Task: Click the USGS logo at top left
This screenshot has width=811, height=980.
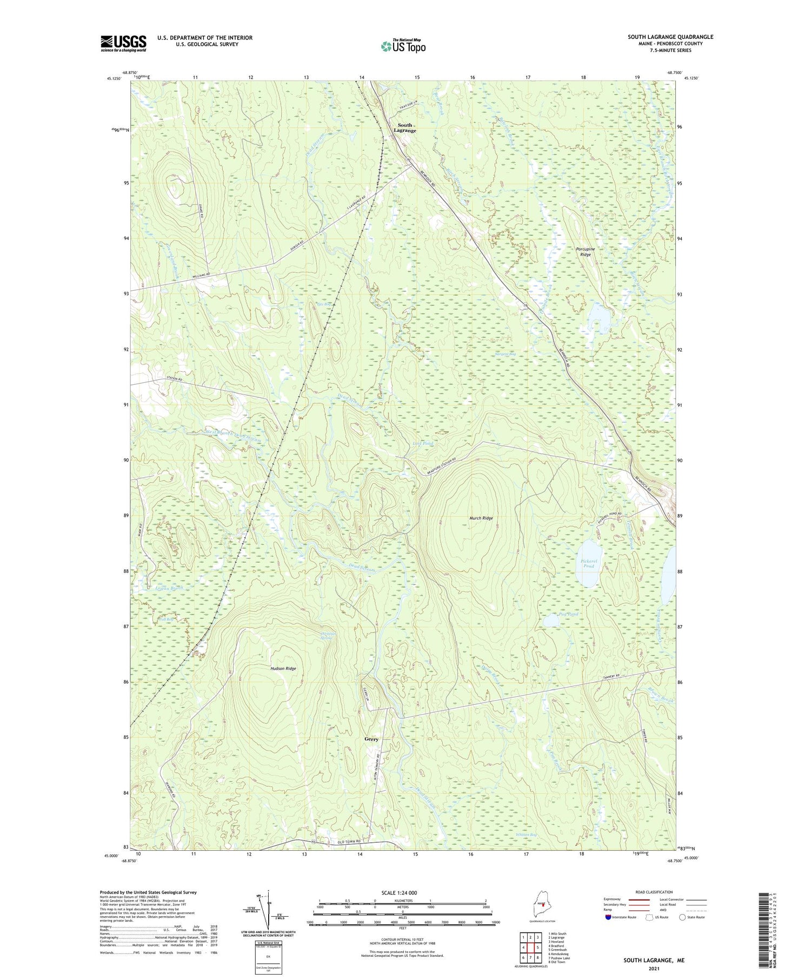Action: click(123, 43)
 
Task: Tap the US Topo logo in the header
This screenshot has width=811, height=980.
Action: click(403, 46)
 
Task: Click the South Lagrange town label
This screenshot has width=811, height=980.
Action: click(404, 128)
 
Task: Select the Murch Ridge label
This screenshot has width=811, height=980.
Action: click(481, 518)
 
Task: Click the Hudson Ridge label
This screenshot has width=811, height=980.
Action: click(283, 669)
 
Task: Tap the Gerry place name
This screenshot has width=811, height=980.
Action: click(371, 739)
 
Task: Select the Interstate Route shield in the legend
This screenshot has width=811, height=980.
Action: click(609, 917)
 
